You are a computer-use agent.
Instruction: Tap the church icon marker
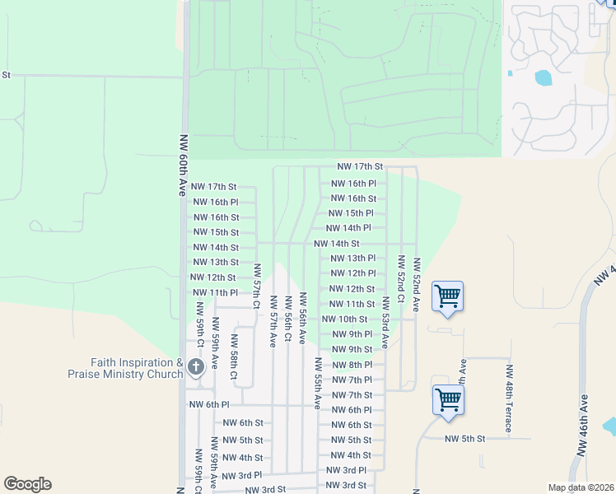(195, 367)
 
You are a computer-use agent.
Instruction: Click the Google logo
(27, 483)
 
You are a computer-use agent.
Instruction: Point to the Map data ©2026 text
(581, 487)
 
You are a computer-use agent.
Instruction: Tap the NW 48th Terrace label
(509, 398)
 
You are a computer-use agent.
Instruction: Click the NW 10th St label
(344, 319)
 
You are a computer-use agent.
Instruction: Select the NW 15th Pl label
(352, 213)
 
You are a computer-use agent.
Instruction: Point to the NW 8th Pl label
(352, 365)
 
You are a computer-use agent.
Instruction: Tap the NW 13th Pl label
(352, 259)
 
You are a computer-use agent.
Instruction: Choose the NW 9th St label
(352, 350)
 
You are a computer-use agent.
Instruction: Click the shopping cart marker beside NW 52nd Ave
(447, 296)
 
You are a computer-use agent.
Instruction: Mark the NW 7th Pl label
(352, 380)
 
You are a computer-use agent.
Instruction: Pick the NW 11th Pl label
(214, 293)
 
